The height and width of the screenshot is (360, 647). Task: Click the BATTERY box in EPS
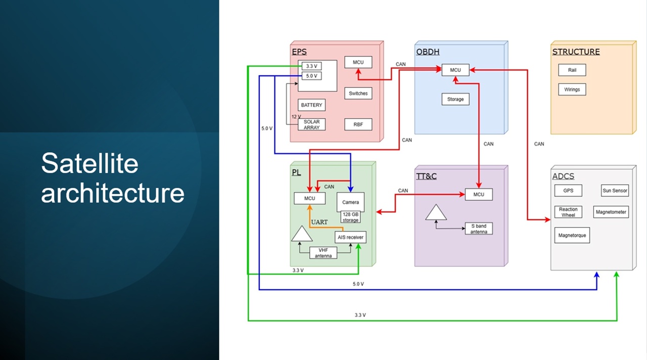(311, 105)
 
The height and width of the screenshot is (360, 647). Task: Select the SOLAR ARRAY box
(311, 124)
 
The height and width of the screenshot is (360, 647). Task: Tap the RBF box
(358, 124)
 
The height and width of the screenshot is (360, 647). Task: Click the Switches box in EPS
(358, 94)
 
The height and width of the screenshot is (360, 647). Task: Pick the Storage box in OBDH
(455, 99)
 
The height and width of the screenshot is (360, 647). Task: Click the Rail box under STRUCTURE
(572, 70)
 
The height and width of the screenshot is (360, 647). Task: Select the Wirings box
(572, 89)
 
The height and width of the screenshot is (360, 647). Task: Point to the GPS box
(568, 191)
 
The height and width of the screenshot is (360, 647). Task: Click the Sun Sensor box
(615, 191)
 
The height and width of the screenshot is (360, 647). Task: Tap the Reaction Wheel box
(568, 212)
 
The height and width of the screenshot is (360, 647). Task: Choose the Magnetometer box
(611, 212)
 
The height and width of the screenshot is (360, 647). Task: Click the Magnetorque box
(572, 236)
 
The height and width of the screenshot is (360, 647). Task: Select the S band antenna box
(478, 229)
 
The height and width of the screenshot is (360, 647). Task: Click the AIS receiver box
(350, 237)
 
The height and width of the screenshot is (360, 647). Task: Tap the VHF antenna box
(323, 253)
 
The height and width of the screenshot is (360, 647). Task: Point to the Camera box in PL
(350, 202)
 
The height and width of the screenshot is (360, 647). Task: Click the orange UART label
(319, 222)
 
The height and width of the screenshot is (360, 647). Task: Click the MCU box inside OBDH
(455, 70)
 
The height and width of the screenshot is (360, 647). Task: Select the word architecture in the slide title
(113, 193)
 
